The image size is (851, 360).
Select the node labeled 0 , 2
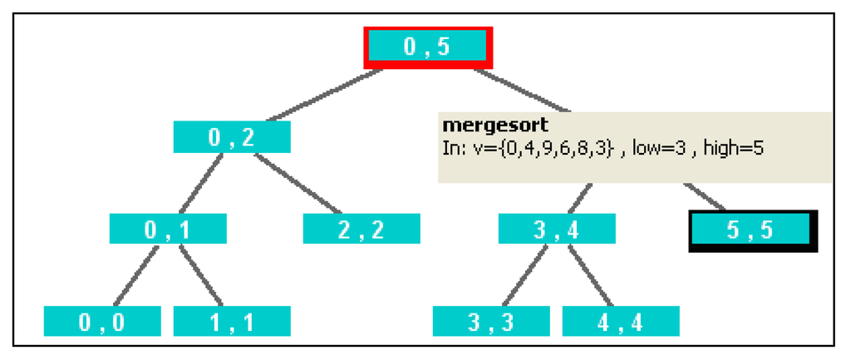click(232, 137)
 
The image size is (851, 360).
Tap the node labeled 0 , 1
click(168, 229)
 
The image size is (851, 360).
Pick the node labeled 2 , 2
click(362, 229)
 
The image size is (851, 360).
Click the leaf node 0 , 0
click(102, 321)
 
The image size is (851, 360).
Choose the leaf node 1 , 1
click(232, 321)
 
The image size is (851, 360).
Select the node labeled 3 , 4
click(557, 229)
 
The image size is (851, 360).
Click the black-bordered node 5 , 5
click(751, 229)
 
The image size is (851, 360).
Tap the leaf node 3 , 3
click(491, 321)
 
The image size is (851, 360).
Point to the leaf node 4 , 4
click(621, 321)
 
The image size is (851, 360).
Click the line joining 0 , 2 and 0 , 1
click(200, 183)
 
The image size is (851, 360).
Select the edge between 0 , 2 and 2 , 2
click(298, 183)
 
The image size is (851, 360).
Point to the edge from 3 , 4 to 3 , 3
click(524, 275)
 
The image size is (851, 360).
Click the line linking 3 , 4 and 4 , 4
click(589, 275)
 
